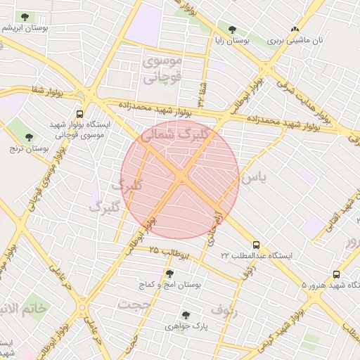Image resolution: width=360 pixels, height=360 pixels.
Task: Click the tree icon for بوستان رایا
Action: coord(232,30)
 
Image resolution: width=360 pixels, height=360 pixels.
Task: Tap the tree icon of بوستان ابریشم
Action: coord(25,16)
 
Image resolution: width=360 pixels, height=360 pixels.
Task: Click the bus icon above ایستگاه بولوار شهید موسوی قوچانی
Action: coord(79,112)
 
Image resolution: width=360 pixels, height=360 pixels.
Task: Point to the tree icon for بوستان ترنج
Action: coord(29,137)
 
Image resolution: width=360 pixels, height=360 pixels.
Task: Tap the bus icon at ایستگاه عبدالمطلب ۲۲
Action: coord(255,245)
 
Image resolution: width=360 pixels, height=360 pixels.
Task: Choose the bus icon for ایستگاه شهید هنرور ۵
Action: coord(336,275)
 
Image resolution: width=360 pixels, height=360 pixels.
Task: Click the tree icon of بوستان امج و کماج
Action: coord(169,274)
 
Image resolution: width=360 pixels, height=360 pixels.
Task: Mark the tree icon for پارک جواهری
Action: coord(186,315)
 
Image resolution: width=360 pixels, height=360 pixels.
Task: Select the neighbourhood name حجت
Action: coord(129,304)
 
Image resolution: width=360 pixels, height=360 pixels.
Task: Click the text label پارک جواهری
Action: coord(186,327)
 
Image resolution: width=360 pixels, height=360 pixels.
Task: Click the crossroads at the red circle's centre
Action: coord(181,179)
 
